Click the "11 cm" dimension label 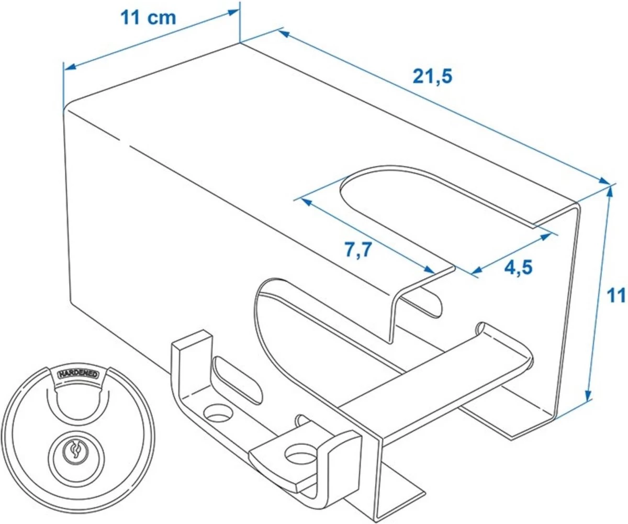(148, 18)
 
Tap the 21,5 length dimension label (432, 77)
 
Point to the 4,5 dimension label (518, 267)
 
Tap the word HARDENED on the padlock (78, 374)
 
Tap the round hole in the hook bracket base (218, 414)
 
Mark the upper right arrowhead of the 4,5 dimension (545, 237)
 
